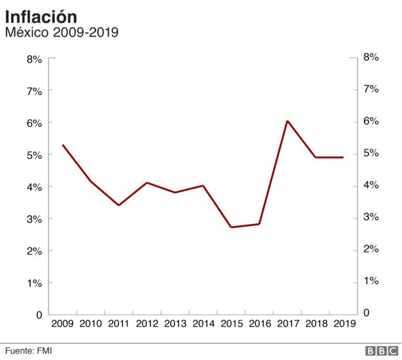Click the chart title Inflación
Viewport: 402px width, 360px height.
(41, 15)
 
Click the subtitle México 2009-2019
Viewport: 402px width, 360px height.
(61, 32)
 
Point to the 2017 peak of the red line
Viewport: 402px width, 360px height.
(287, 121)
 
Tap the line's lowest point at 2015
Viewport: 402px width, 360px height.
(231, 227)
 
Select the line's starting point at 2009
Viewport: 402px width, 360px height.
(62, 145)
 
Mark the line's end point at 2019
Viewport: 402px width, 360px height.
(343, 157)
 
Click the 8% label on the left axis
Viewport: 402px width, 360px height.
(34, 59)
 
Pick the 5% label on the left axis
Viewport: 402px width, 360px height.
(34, 155)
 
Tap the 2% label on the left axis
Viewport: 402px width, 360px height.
(34, 251)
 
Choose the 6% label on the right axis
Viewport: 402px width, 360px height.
(371, 121)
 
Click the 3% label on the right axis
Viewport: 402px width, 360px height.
(371, 217)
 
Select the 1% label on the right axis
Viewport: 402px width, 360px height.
(371, 281)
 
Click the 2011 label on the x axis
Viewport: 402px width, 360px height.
(119, 325)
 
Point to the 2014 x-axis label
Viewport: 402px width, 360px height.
(203, 325)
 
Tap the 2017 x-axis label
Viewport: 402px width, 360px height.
(287, 325)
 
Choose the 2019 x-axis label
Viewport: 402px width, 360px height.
(343, 325)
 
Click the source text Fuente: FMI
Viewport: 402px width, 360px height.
(29, 350)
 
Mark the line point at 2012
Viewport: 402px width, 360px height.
(147, 183)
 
